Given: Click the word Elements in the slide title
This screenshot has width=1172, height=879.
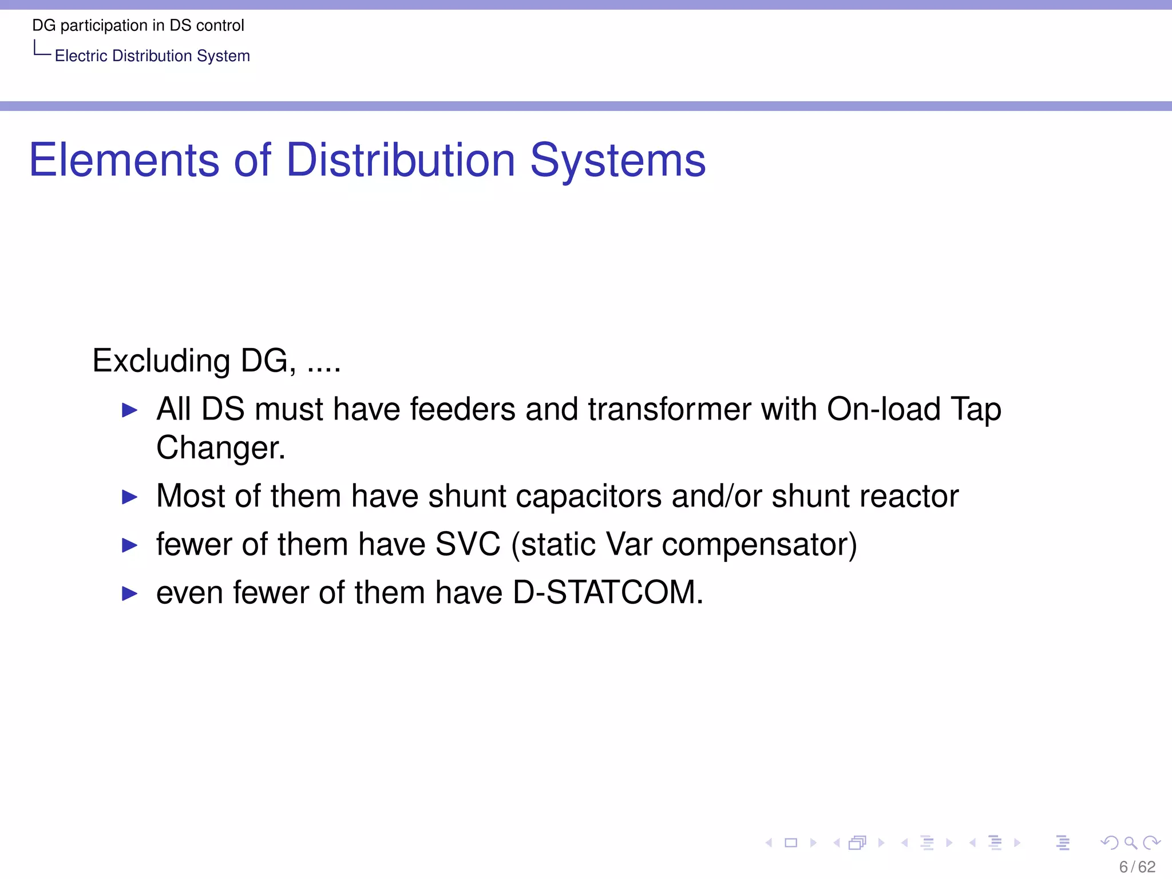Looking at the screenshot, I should tap(124, 160).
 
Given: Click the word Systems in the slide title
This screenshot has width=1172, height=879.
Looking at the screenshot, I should tap(617, 160).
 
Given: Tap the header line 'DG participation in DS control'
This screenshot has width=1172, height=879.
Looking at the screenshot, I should tap(138, 26).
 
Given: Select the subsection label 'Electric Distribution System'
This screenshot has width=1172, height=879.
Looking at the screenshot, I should tap(152, 56).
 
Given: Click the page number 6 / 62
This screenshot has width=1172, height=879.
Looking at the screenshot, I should tap(1137, 867).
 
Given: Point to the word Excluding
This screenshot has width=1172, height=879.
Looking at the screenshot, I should tap(161, 361).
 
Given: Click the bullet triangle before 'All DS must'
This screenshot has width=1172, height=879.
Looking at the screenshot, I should tap(130, 410).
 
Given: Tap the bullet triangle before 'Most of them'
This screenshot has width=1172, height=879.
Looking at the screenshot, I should tap(130, 497).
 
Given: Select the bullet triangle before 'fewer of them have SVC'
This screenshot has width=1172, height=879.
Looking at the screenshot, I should tap(130, 545).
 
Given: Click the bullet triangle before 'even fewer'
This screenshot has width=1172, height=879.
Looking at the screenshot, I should tap(130, 593).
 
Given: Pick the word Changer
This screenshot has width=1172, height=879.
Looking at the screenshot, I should tap(220, 448).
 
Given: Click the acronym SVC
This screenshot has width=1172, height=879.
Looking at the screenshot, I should tap(468, 544).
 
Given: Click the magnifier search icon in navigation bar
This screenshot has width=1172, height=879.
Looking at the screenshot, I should tap(1130, 842).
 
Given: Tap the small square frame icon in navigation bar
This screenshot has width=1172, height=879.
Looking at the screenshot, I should tap(791, 842).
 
